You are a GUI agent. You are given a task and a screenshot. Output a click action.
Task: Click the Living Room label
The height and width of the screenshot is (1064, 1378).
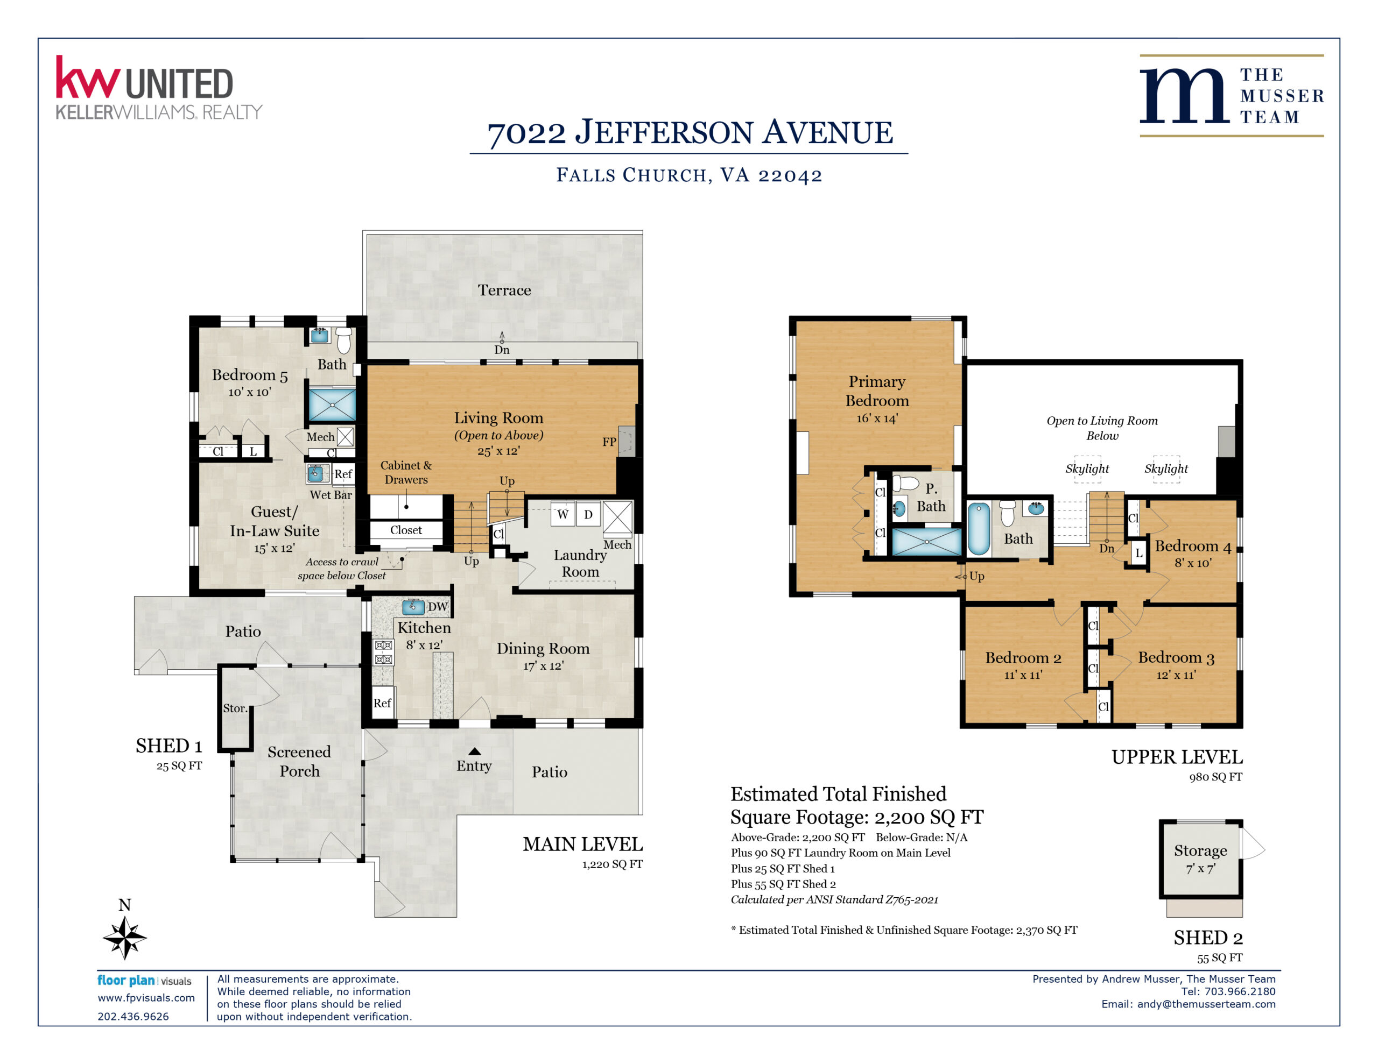(498, 417)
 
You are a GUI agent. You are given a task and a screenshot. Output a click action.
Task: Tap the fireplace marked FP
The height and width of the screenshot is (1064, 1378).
(626, 441)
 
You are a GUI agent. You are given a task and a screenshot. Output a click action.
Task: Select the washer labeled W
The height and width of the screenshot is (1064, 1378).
(562, 514)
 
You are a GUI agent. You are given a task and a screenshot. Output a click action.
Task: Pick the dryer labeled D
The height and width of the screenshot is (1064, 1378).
(588, 514)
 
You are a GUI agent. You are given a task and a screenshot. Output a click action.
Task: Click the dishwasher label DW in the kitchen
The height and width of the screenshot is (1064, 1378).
(438, 607)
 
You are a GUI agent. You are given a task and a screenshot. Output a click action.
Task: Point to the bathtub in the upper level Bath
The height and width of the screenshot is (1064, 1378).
(979, 529)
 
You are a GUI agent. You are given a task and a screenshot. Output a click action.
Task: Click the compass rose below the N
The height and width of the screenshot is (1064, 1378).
(125, 937)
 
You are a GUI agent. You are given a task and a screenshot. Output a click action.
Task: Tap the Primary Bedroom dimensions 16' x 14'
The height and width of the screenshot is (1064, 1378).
(877, 418)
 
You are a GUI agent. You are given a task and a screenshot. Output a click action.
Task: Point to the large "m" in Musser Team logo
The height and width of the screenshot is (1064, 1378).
(1184, 95)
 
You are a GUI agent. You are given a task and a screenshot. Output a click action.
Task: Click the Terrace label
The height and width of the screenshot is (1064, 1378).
(504, 290)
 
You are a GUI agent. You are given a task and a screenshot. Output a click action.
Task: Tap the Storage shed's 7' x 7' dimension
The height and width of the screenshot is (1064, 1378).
(1201, 869)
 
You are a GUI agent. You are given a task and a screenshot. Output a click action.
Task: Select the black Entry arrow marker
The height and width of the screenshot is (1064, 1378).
(474, 751)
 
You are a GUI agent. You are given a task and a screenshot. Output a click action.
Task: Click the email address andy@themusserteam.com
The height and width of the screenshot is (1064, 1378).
(1206, 1003)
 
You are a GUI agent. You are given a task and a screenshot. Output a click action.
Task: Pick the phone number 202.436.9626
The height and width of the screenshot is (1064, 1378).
(133, 1016)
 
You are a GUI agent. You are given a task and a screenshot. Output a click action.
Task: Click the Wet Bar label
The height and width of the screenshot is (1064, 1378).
(331, 495)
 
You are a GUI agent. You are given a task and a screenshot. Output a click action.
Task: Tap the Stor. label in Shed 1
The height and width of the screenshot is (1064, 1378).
(235, 708)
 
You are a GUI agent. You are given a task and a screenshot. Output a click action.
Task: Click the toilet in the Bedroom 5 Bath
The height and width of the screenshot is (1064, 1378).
(344, 340)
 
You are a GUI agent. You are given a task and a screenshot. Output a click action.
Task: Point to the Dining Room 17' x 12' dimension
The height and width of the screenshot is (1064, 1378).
(543, 665)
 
